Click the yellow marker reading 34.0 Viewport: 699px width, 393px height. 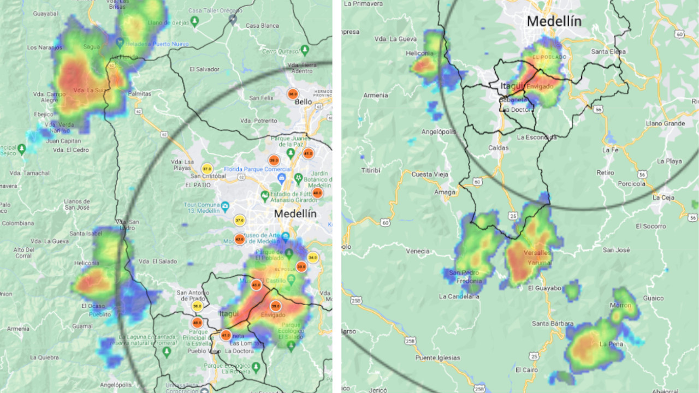point(312,257)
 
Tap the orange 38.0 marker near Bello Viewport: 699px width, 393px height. point(293,93)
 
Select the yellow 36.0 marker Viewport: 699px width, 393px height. point(197,307)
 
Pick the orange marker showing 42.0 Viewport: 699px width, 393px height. point(239,239)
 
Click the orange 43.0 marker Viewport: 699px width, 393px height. point(256,284)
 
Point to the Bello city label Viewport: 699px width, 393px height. point(303,102)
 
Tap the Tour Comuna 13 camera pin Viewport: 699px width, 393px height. point(225,208)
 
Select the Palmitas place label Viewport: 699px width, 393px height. point(139,94)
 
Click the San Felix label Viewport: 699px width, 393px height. point(261,98)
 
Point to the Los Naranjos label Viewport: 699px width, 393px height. point(45,47)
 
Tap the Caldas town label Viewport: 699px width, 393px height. point(498,148)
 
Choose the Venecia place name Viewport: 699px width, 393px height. point(418,251)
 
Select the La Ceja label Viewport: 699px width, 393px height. point(663,198)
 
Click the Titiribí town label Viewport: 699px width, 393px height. point(370,170)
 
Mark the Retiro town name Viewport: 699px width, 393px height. point(605,172)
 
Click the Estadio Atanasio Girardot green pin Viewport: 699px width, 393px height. point(265,194)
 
